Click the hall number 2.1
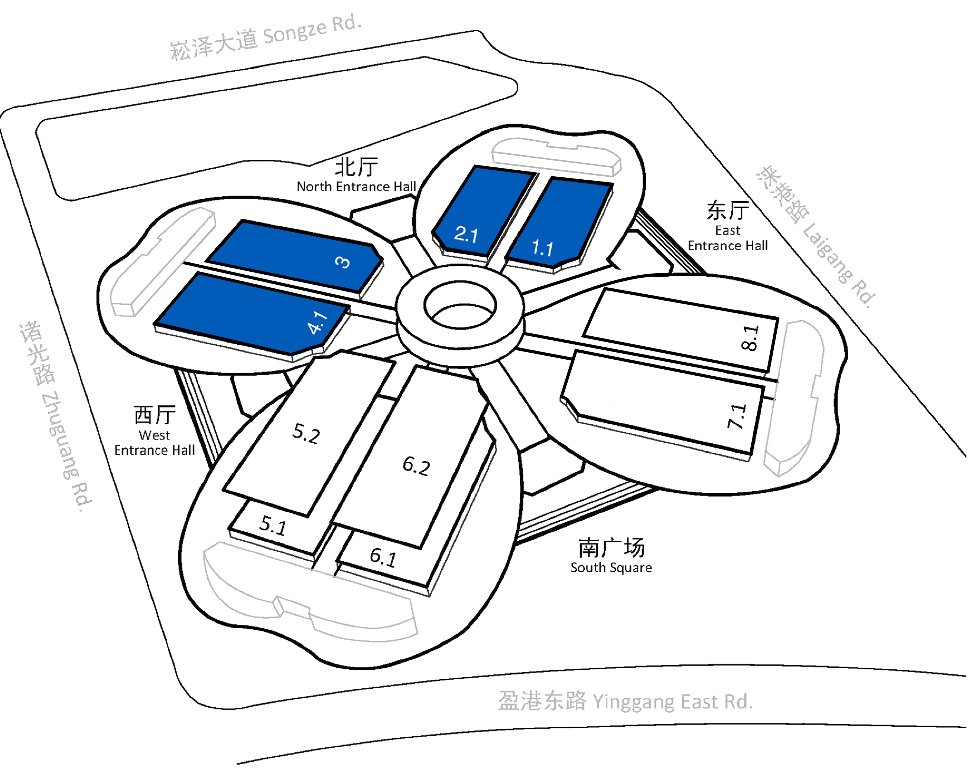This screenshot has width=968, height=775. pos(466,234)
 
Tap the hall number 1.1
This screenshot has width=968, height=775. pos(542,248)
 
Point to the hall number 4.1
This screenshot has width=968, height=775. pos(318,322)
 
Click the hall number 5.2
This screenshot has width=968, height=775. pos(306,434)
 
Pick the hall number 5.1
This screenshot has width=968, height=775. pos(273,526)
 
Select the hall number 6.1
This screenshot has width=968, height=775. pos(383,557)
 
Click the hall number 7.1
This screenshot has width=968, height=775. pos(737,416)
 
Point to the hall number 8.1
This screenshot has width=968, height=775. pos(749,338)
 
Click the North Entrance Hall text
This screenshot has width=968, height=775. pos(357,187)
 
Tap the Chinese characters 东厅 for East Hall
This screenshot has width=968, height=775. pos(728,210)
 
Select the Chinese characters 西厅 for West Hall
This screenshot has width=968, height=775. pos(155,415)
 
